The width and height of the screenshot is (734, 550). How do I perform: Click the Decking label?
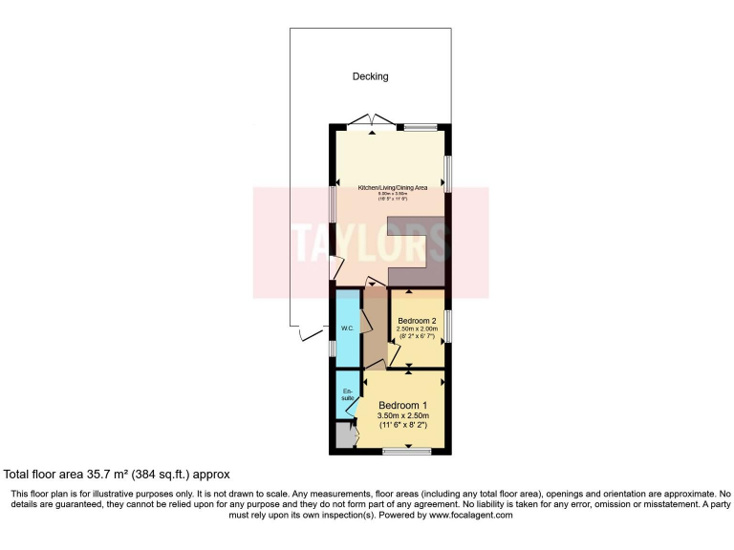tap(370, 76)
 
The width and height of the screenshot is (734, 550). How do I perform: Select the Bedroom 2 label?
tap(418, 320)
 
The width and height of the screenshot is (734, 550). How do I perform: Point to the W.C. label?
tap(348, 329)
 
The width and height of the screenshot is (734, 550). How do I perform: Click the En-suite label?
tap(347, 394)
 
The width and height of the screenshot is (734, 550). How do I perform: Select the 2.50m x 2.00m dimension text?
tap(418, 329)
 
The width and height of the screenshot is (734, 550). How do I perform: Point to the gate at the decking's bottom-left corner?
tap(309, 332)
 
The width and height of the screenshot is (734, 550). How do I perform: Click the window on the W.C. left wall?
tap(333, 349)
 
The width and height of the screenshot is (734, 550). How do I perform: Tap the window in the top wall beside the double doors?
tap(421, 126)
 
